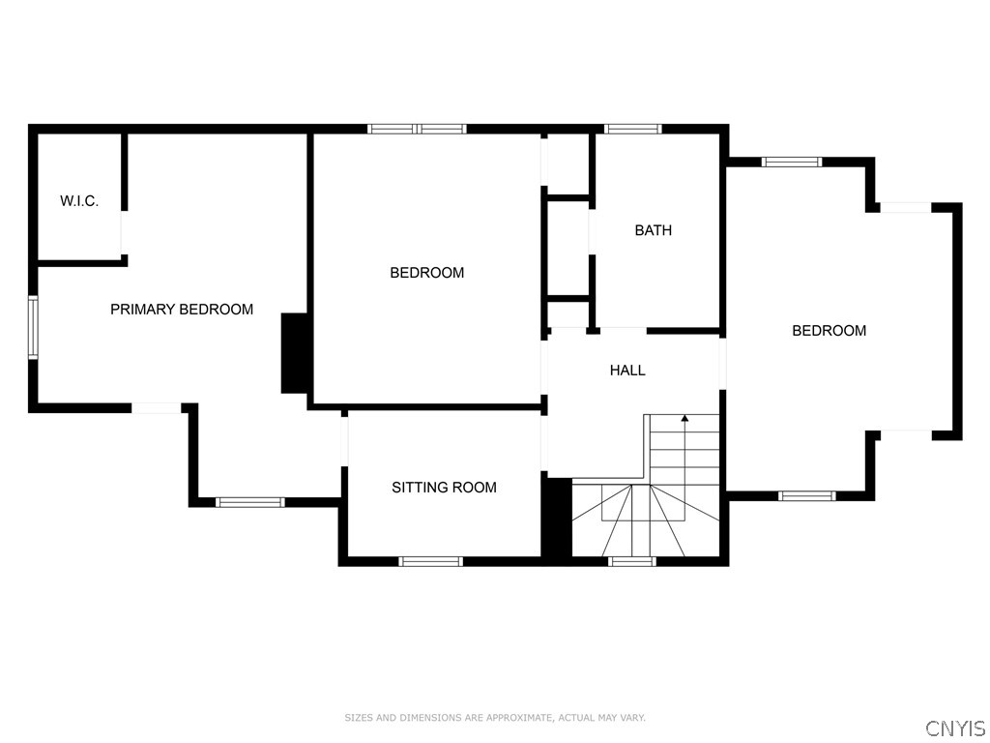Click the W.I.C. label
pos(79,201)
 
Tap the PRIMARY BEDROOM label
pos(182,310)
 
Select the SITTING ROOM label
pos(444,488)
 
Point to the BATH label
pos(654,230)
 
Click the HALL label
pos(627,370)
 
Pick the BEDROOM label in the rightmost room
pos(829,331)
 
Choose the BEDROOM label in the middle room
pos(426,273)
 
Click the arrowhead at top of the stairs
pos(684,419)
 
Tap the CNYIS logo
pos(955,728)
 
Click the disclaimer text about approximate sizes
pos(495,718)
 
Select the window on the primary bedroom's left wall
pos(33,328)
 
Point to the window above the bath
pos(633,129)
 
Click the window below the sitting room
pos(431,561)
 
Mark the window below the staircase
pos(632,561)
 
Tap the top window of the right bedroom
pos(792,163)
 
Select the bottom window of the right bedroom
pos(807,496)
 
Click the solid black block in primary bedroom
pos(294,353)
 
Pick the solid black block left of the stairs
pos(557,518)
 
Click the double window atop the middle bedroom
pos(418,129)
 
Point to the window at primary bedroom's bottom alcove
pos(249,502)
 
